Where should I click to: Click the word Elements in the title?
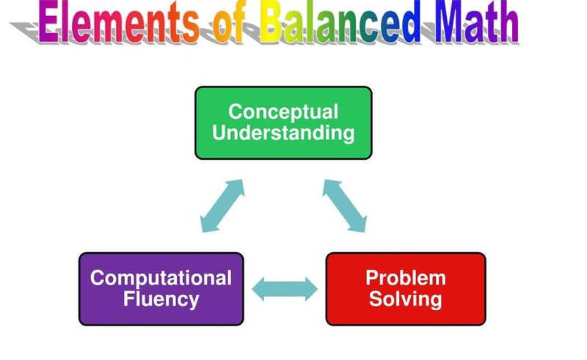[118, 22]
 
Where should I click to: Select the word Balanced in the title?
[340, 22]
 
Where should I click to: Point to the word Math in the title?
[476, 22]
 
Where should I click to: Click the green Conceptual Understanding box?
[283, 122]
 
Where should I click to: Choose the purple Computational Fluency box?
[161, 289]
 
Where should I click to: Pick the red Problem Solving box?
[406, 289]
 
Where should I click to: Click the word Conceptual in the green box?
[283, 111]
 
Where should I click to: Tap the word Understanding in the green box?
[283, 133]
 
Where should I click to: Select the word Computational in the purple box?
[161, 278]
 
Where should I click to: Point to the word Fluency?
[161, 299]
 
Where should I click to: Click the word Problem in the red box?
[406, 278]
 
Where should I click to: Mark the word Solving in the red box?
[406, 299]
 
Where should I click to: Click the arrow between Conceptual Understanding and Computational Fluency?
[222, 206]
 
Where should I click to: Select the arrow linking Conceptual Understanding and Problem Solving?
[344, 206]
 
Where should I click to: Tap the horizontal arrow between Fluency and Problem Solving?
[285, 289]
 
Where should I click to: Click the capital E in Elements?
[48, 22]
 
